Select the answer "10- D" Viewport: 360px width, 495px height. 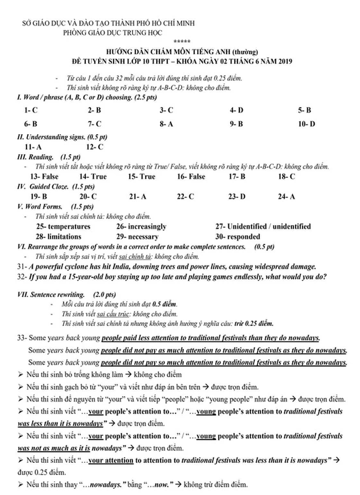point(306,124)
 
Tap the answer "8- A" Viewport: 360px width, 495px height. point(166,124)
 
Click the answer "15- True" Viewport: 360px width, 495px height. point(141,176)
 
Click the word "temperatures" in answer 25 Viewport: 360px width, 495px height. point(69,226)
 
